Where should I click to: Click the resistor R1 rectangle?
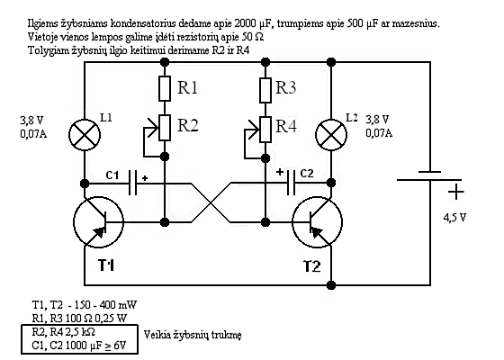coord(165,88)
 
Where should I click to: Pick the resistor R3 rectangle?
coord(265,90)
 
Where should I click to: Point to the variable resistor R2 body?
coord(165,128)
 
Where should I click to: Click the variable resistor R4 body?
coord(265,130)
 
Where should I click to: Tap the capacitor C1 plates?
coord(132,183)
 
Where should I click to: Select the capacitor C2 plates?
coord(291,183)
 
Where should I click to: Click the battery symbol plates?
coord(430,176)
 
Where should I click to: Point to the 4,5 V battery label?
coord(454,218)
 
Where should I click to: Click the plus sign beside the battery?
coord(456,193)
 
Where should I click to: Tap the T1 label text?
coord(106,265)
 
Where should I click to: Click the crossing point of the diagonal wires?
coord(211,202)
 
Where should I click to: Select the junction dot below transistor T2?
coord(331,284)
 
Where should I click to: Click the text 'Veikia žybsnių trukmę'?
coord(193,335)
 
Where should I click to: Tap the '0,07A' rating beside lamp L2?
coord(379,133)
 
